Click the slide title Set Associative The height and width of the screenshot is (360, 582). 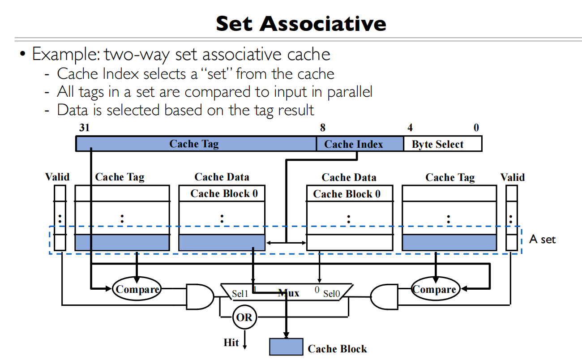click(x=301, y=23)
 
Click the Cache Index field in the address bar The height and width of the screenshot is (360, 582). click(x=354, y=144)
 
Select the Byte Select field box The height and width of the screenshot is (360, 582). click(x=437, y=144)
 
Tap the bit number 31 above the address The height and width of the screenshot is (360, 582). click(x=84, y=128)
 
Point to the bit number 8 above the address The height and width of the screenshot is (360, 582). click(x=323, y=128)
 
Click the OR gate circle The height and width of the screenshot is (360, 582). click(x=244, y=317)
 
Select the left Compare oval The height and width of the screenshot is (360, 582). click(x=137, y=289)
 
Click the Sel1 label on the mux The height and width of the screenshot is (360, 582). click(x=240, y=294)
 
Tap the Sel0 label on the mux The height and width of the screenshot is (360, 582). click(x=332, y=294)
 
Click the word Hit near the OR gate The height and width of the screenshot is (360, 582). click(x=231, y=343)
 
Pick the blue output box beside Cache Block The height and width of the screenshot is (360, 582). click(x=286, y=347)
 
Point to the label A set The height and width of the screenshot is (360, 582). click(x=542, y=239)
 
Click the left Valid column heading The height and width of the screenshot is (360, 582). click(x=57, y=177)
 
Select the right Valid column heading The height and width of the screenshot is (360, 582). click(x=513, y=177)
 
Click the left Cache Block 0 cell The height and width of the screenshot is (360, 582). click(x=222, y=193)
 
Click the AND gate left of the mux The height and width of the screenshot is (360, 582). click(x=199, y=296)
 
